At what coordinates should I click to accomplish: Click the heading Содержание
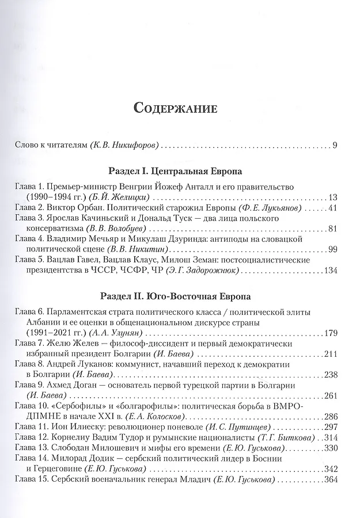(176, 108)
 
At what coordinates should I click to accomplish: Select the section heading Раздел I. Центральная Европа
(176, 172)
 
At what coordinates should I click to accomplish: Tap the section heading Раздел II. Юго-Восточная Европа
(176, 297)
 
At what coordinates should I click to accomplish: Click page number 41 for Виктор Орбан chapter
(331, 208)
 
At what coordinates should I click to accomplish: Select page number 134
(329, 271)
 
